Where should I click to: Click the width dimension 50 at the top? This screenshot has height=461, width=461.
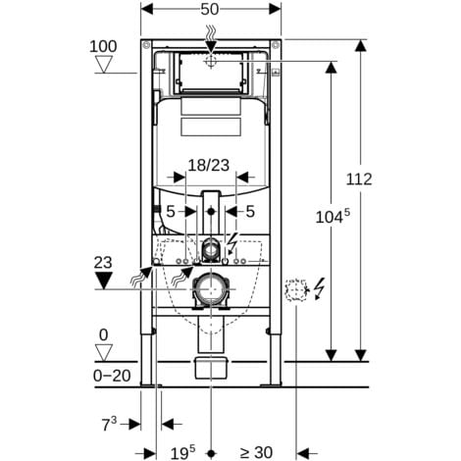click(x=209, y=10)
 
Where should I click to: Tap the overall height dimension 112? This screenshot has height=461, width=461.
click(x=359, y=179)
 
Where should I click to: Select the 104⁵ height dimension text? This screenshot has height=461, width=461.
click(x=333, y=216)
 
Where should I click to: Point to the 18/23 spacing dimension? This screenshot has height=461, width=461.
click(x=209, y=165)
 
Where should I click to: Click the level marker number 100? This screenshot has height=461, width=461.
click(x=103, y=46)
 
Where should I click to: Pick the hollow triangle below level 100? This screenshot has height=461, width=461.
click(x=104, y=65)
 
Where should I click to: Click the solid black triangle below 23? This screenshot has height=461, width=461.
click(x=103, y=281)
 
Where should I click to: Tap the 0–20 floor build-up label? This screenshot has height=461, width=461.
click(x=112, y=376)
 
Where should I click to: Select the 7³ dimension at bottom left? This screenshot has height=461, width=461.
click(x=109, y=424)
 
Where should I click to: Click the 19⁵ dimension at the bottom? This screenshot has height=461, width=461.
click(x=182, y=452)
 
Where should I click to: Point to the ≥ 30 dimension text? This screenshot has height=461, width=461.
click(x=256, y=453)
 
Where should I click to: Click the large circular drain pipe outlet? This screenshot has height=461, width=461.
click(x=211, y=289)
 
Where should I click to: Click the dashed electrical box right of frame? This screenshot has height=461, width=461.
click(x=297, y=290)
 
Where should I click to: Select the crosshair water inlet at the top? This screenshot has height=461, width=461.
click(x=211, y=61)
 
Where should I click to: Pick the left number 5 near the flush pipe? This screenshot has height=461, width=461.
click(x=171, y=212)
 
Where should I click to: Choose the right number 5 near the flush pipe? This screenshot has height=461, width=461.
click(x=250, y=212)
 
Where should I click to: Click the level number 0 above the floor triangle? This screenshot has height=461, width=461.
click(x=103, y=335)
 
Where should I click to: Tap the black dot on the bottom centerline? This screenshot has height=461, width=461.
click(x=211, y=453)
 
